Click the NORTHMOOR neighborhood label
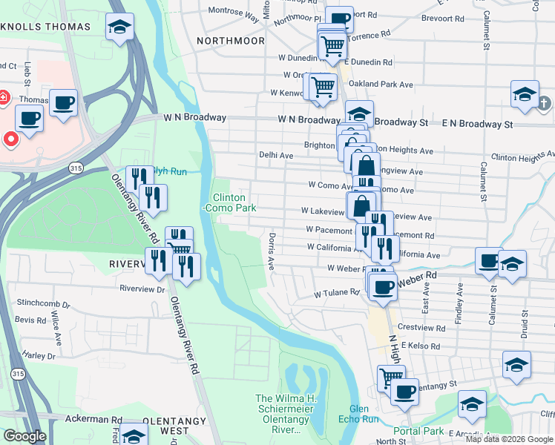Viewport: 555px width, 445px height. coord(230,41)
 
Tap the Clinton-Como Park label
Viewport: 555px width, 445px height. coord(234,202)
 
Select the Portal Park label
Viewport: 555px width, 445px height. coord(418,431)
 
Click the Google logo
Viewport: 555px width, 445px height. coord(24,436)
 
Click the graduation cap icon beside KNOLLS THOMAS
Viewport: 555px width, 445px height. coord(119,28)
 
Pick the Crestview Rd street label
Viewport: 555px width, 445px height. coord(420,326)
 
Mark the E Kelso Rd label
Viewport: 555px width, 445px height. coord(419,346)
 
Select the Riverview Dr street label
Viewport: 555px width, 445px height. coord(144,289)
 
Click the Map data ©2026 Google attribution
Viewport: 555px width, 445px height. coord(510,439)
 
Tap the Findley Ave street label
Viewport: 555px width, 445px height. coord(461,298)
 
